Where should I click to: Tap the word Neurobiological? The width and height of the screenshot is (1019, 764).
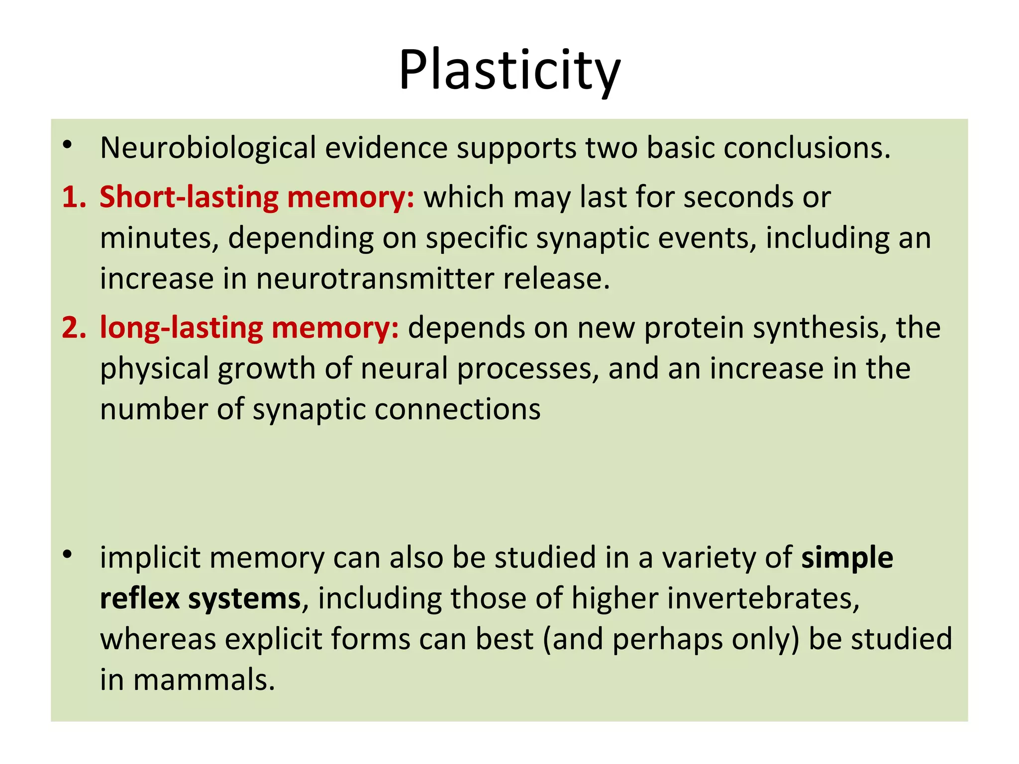(208, 148)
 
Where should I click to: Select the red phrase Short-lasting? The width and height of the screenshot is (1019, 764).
(189, 197)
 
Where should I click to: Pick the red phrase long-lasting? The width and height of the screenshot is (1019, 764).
(181, 328)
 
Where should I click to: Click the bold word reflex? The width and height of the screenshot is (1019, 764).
(139, 598)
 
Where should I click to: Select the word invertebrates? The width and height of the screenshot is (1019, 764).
(763, 598)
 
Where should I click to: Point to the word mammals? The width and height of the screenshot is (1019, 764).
(204, 679)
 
